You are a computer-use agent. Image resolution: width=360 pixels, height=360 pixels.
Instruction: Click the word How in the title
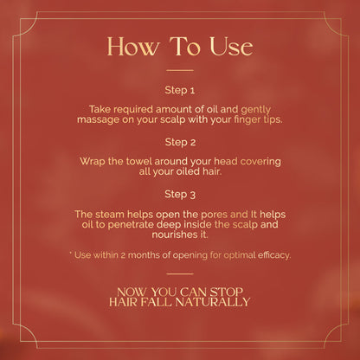tap(132, 47)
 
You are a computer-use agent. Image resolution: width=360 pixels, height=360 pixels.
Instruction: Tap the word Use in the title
tap(232, 47)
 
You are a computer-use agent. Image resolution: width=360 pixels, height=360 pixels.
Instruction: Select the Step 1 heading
tap(180, 90)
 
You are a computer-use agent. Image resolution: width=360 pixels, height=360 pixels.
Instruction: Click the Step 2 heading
tap(180, 142)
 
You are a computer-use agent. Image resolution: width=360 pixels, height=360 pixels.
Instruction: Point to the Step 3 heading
tap(180, 194)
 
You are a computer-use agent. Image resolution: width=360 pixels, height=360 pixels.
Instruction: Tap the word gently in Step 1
tap(256, 110)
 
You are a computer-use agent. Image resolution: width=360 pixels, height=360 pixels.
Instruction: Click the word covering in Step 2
tap(260, 162)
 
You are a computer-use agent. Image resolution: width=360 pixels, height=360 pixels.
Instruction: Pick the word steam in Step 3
tap(110, 215)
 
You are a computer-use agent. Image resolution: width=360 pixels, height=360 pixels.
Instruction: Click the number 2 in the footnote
tap(123, 255)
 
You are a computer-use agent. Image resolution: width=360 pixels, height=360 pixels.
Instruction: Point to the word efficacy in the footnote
tap(274, 255)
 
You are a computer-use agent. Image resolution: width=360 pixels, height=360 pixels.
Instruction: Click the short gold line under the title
tap(180, 70)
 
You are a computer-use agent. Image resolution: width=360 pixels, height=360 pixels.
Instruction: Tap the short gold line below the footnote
tap(180, 273)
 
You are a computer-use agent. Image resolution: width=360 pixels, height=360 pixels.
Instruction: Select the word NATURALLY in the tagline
tap(212, 302)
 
